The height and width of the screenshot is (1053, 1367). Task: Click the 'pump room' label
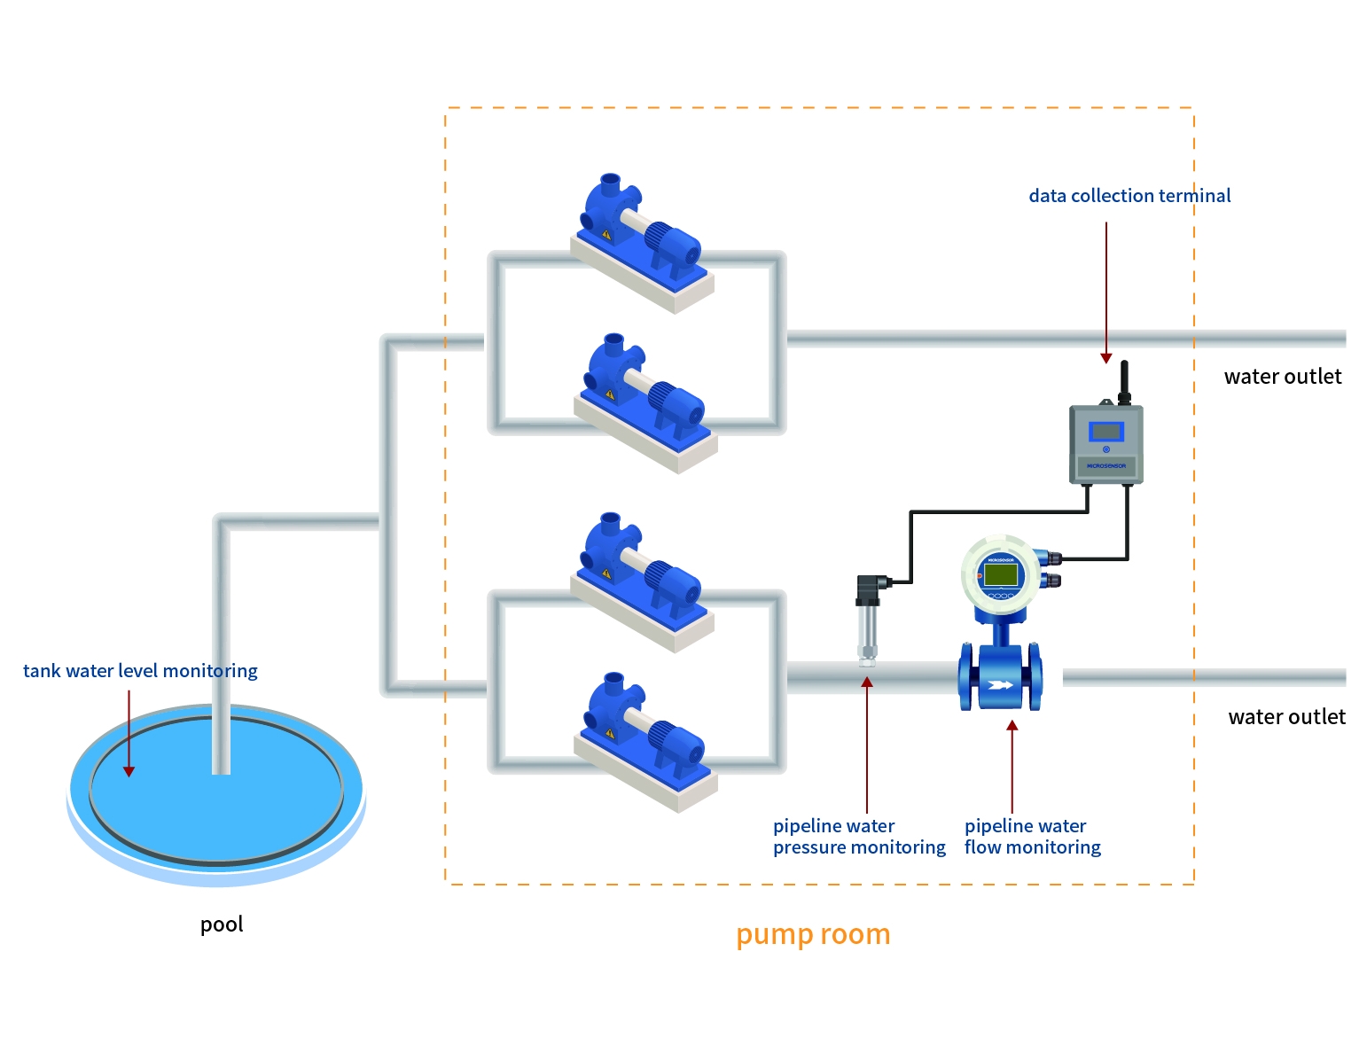tap(813, 934)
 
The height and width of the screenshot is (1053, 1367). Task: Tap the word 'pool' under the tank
tap(222, 924)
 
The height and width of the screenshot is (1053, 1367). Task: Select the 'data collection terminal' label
tap(1129, 196)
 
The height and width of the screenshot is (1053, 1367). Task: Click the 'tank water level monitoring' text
tap(140, 671)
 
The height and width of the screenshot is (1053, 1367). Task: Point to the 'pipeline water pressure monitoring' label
tap(859, 837)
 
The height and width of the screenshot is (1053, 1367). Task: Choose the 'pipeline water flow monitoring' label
tap(1032, 837)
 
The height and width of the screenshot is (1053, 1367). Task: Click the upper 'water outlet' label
tap(1282, 377)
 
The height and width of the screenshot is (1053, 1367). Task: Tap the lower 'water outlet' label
tap(1286, 717)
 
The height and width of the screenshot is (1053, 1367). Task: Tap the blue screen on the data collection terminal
tap(1105, 432)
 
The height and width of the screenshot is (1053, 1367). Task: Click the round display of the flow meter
tap(1000, 574)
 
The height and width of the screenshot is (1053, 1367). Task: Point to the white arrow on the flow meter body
tap(1000, 684)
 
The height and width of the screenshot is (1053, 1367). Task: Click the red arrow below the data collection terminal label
tap(1105, 292)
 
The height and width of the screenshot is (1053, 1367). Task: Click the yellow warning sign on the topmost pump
tap(606, 236)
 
